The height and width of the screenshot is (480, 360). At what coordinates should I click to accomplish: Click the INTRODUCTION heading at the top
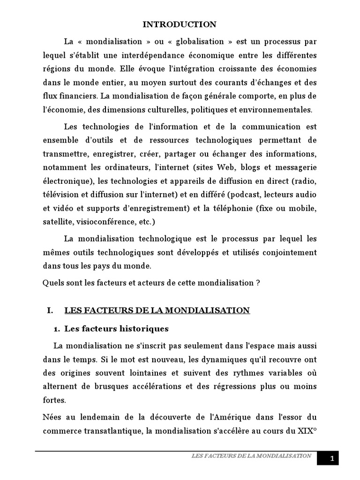[x=180, y=24]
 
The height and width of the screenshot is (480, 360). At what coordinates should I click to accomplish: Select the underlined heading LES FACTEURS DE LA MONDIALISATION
[x=157, y=310]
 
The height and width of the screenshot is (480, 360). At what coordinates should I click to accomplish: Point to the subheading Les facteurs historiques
[x=116, y=329]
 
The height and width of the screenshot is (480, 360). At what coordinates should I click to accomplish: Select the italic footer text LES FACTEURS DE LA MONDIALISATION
[x=251, y=456]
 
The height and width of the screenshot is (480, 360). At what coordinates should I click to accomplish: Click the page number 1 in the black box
[x=332, y=459]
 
